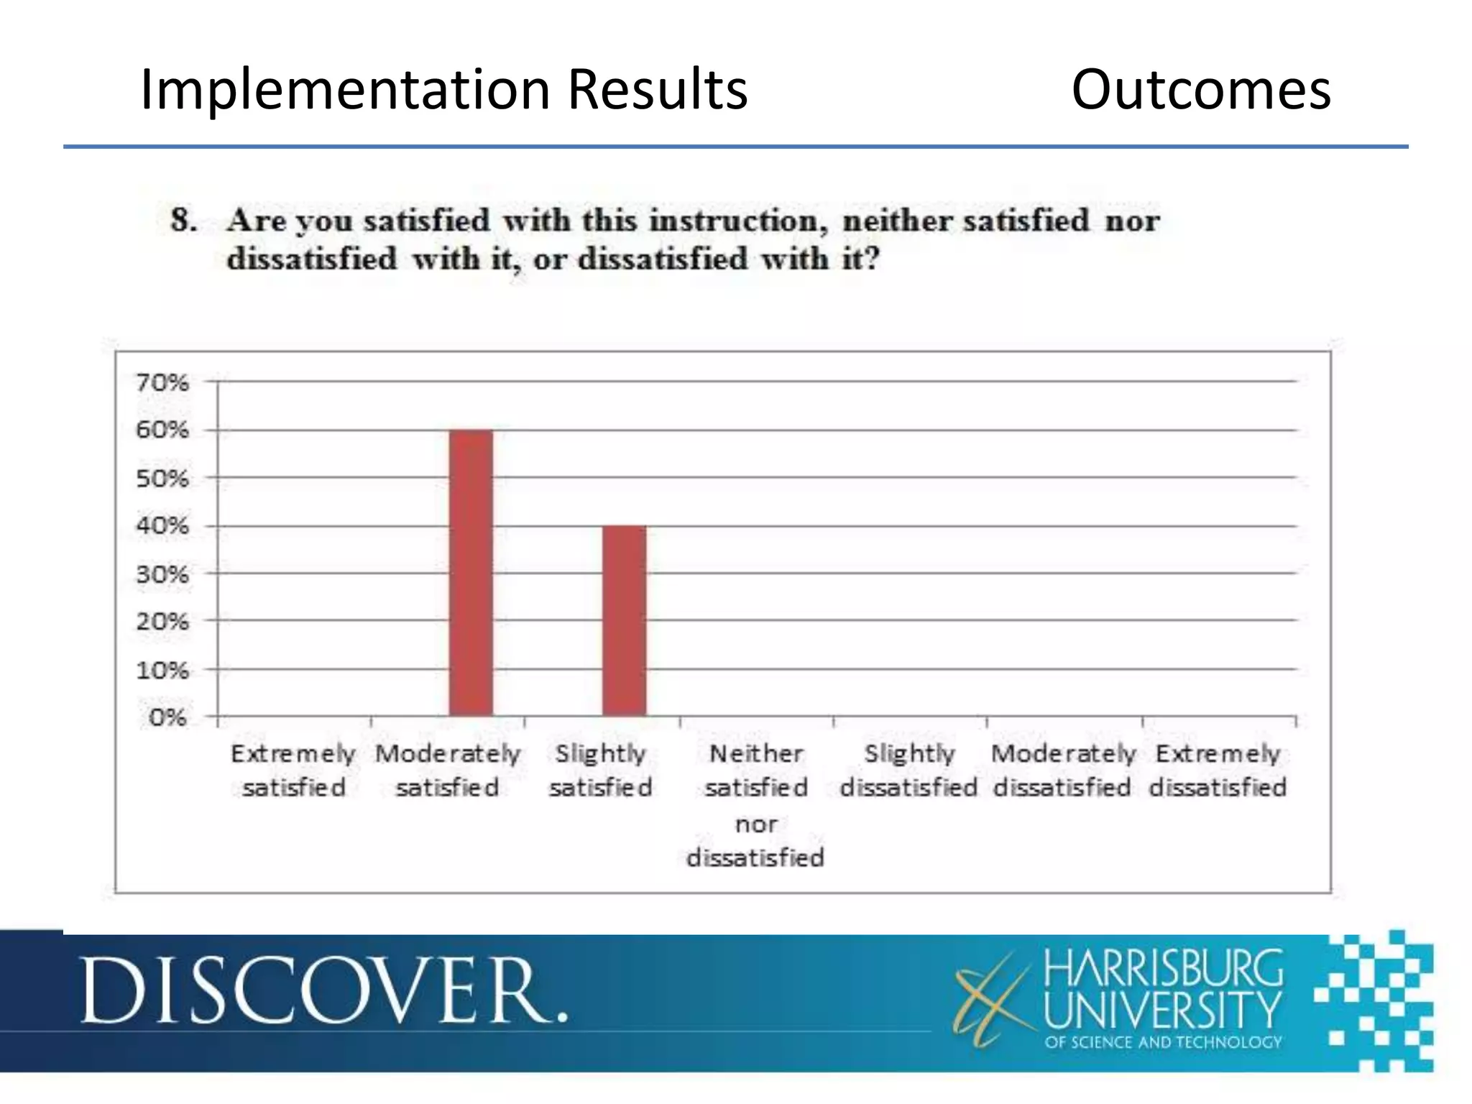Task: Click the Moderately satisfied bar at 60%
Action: [x=471, y=572]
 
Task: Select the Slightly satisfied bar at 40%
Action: [x=624, y=620]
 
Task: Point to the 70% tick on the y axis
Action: [x=162, y=382]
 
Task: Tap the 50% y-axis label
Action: [x=162, y=479]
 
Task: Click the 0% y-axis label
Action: [x=167, y=717]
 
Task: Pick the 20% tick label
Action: [x=162, y=622]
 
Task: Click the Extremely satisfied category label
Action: [x=293, y=770]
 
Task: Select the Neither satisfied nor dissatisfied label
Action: [x=756, y=805]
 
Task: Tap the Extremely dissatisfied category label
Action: [x=1218, y=770]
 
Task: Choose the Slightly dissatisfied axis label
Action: [x=909, y=770]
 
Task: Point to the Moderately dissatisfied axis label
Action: [x=1063, y=770]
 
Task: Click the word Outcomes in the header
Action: [x=1201, y=90]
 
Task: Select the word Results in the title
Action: [x=657, y=90]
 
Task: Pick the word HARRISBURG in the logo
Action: [x=1163, y=969]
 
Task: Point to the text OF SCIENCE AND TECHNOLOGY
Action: [x=1163, y=1042]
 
